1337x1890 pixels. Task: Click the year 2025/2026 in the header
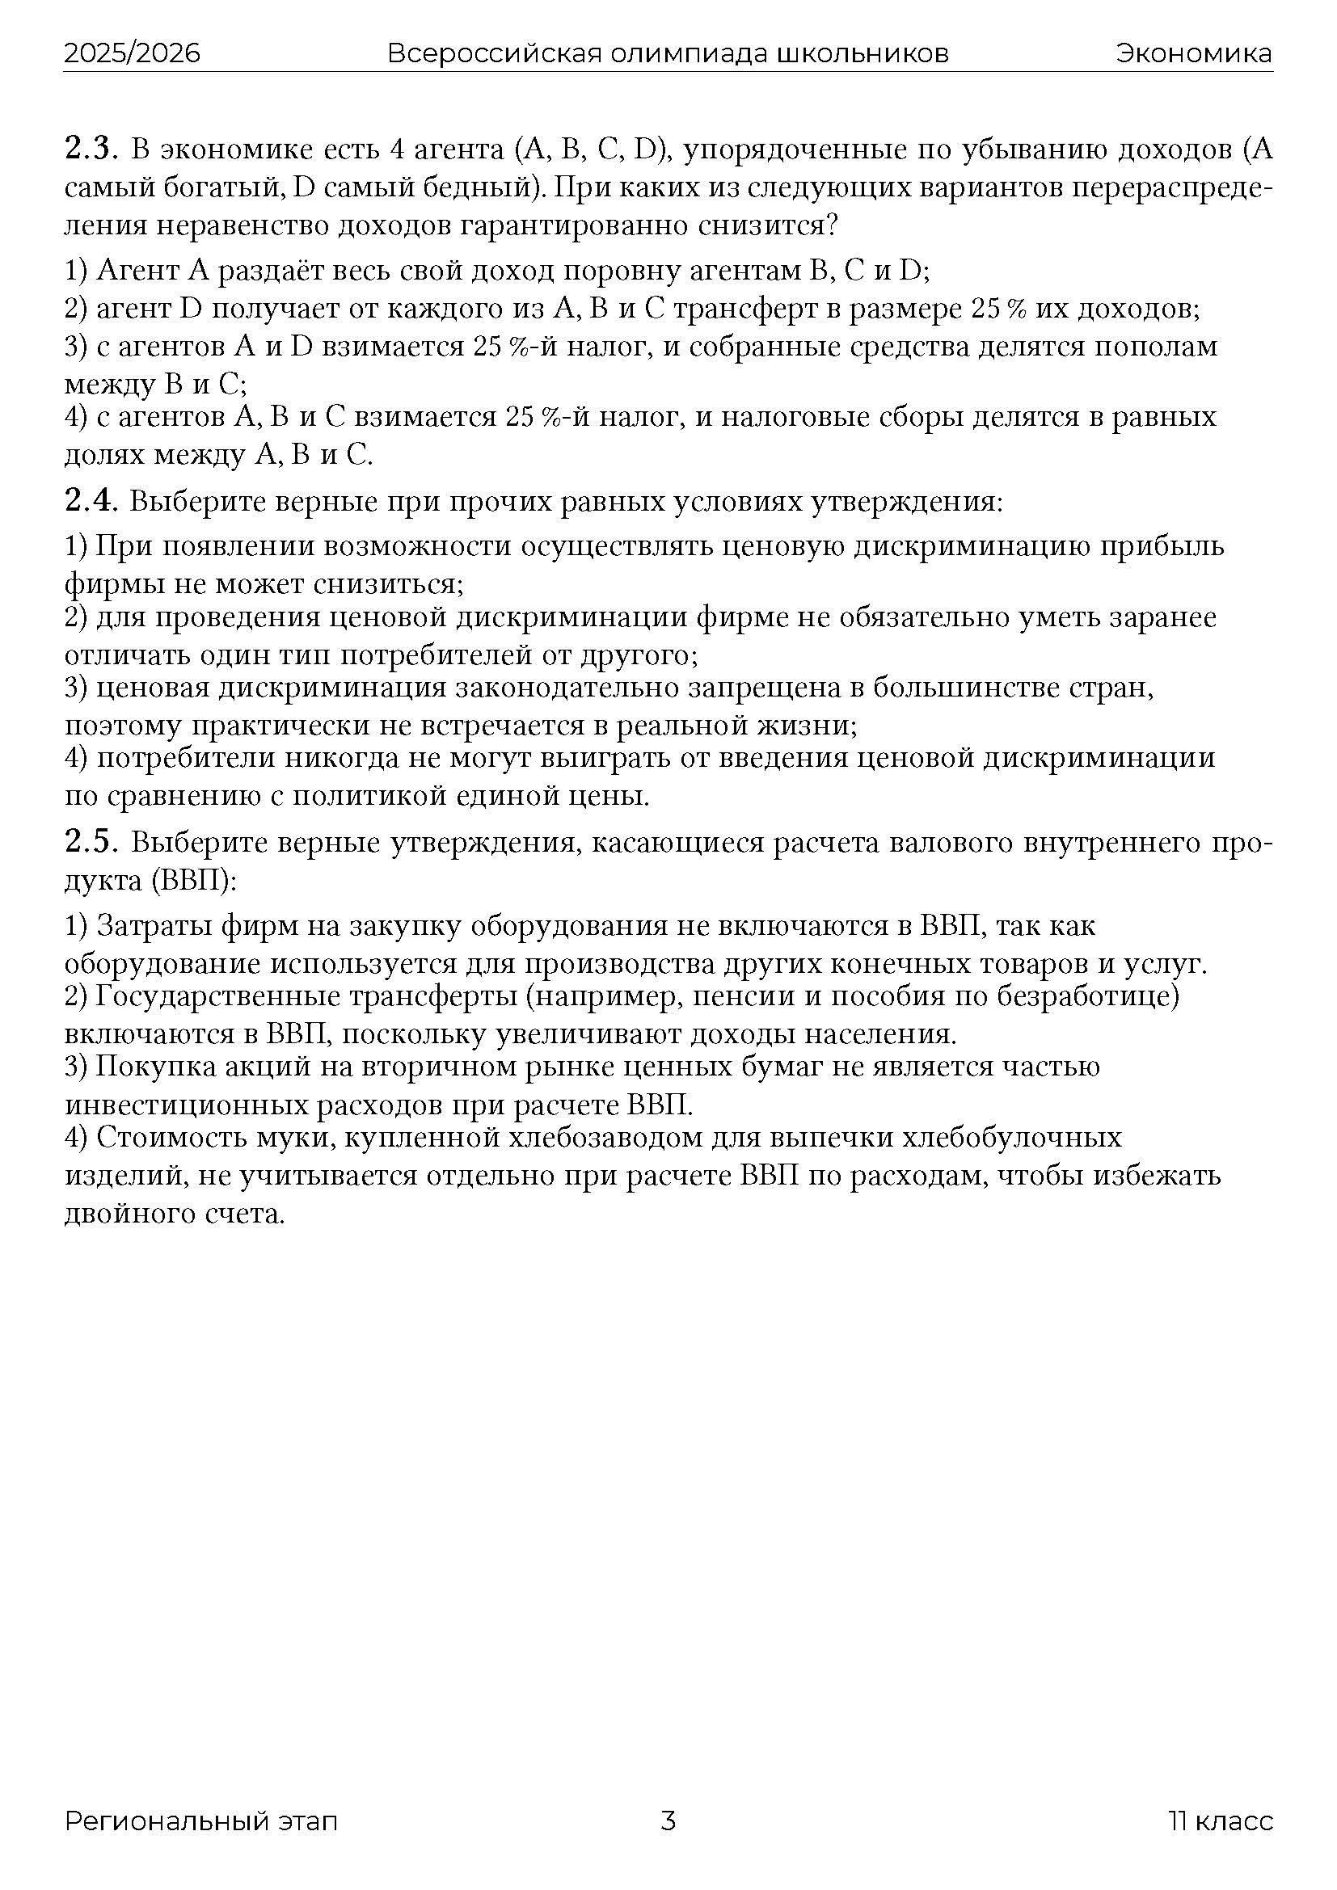pyautogui.click(x=132, y=53)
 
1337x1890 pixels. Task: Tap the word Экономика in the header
pyautogui.click(x=1194, y=53)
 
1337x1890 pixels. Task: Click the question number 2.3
pyautogui.click(x=92, y=149)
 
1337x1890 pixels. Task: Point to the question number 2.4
pyautogui.click(x=92, y=501)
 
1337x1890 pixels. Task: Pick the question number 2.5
pyautogui.click(x=92, y=844)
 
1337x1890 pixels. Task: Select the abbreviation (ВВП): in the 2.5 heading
pyautogui.click(x=194, y=881)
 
